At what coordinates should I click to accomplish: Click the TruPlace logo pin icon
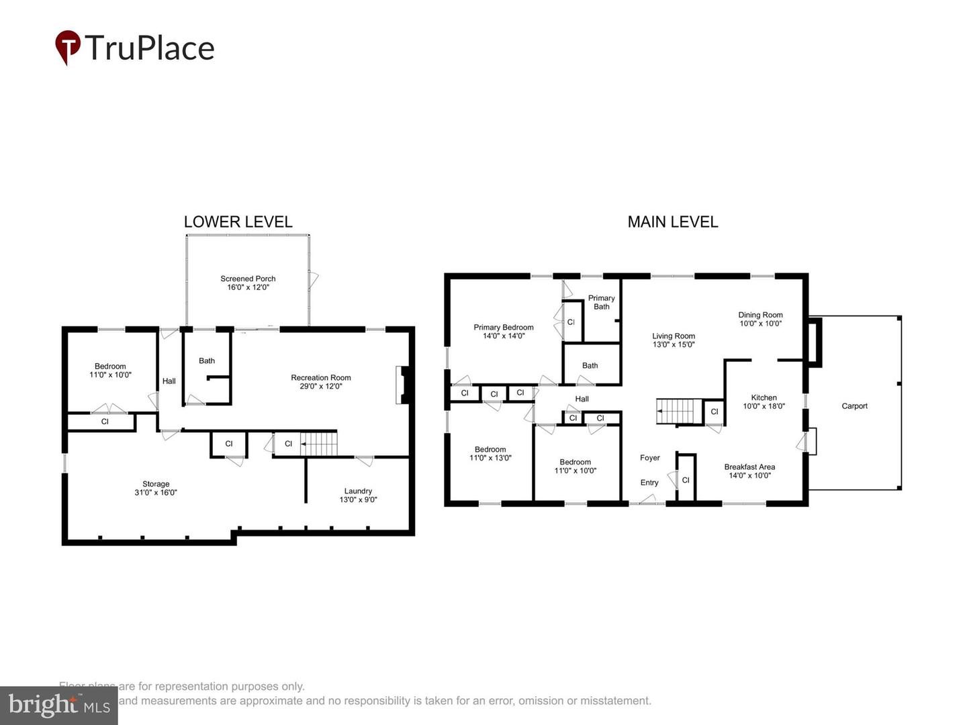[x=67, y=47]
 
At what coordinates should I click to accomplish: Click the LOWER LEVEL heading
[x=238, y=222]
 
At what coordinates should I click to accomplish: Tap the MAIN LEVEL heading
[x=672, y=222]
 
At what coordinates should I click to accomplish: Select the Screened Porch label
[x=248, y=283]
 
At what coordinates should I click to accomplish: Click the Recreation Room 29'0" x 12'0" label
[x=321, y=382]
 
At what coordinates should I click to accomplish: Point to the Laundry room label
[x=358, y=495]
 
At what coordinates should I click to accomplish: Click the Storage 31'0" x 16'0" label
[x=156, y=488]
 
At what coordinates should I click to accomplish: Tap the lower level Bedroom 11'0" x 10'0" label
[x=110, y=371]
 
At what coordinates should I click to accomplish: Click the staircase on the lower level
[x=319, y=444]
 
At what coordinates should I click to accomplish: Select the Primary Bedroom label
[x=504, y=332]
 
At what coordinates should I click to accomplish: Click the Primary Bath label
[x=601, y=302]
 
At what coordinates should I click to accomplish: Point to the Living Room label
[x=674, y=340]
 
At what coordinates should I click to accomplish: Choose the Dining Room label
[x=760, y=319]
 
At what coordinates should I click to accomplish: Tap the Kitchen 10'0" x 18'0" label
[x=764, y=402]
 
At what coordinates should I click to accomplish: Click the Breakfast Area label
[x=749, y=471]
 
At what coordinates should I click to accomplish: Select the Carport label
[x=854, y=406]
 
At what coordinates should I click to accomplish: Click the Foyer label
[x=649, y=458]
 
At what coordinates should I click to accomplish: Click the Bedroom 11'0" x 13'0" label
[x=490, y=454]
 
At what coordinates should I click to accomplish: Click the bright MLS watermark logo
[x=59, y=706]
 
